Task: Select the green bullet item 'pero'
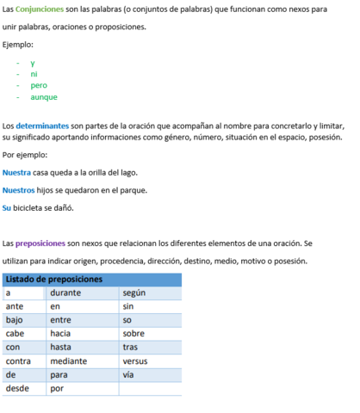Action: (x=39, y=85)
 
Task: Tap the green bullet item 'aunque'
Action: (x=44, y=96)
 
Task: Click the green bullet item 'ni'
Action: (x=34, y=74)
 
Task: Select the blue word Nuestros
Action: (x=19, y=190)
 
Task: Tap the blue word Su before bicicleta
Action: (x=7, y=207)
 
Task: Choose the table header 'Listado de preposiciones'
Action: (x=54, y=279)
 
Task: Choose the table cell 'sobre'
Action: (x=133, y=334)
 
